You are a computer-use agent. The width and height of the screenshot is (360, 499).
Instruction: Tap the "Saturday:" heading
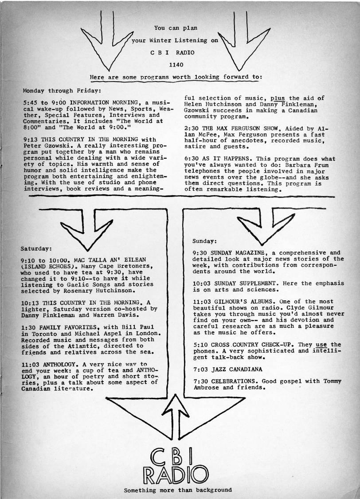pos(36,248)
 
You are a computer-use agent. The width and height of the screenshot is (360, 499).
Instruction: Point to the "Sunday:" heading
pos(204,241)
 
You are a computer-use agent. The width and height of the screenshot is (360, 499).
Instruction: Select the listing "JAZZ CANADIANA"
pos(237,369)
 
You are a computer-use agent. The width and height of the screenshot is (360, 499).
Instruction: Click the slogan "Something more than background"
pos(178,490)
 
